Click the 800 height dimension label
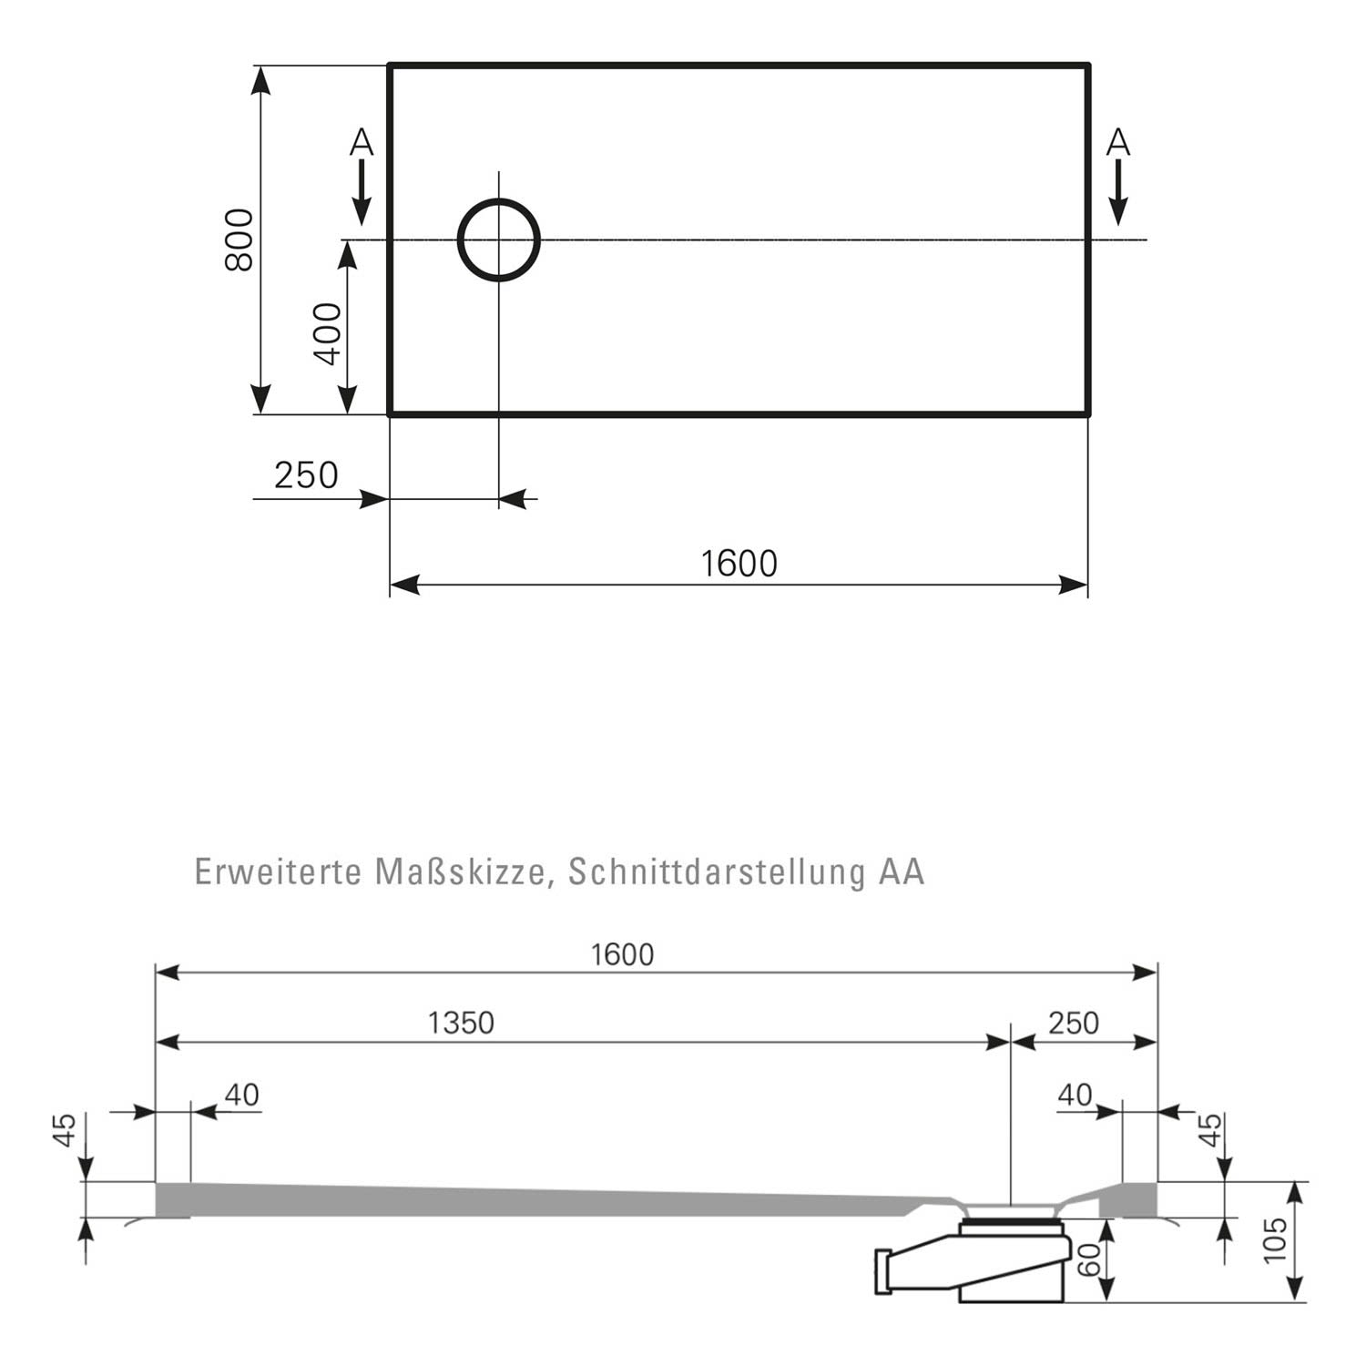click(x=240, y=240)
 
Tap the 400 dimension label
click(x=328, y=333)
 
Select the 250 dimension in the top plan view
click(x=306, y=474)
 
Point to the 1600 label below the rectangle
click(x=739, y=564)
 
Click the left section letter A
click(x=362, y=143)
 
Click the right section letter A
click(x=1118, y=143)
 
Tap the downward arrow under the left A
click(x=362, y=192)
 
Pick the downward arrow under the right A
click(x=1118, y=192)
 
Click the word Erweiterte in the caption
click(x=278, y=872)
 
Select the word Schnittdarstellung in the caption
click(x=717, y=872)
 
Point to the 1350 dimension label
click(x=461, y=1023)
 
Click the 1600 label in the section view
click(x=622, y=954)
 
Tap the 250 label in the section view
click(x=1074, y=1023)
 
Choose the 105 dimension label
click(x=1275, y=1239)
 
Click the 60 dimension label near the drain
click(x=1089, y=1259)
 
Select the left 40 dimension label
click(x=241, y=1094)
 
